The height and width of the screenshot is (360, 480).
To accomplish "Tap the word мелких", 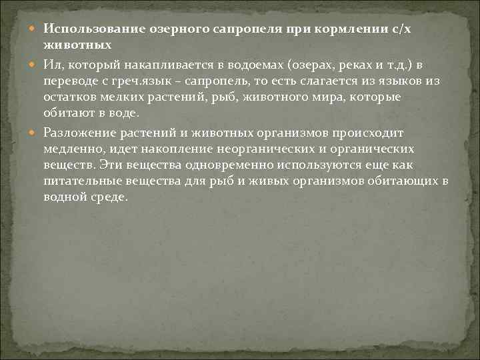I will coord(121,98).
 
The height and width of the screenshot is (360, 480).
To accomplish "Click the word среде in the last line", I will coord(108,199).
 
